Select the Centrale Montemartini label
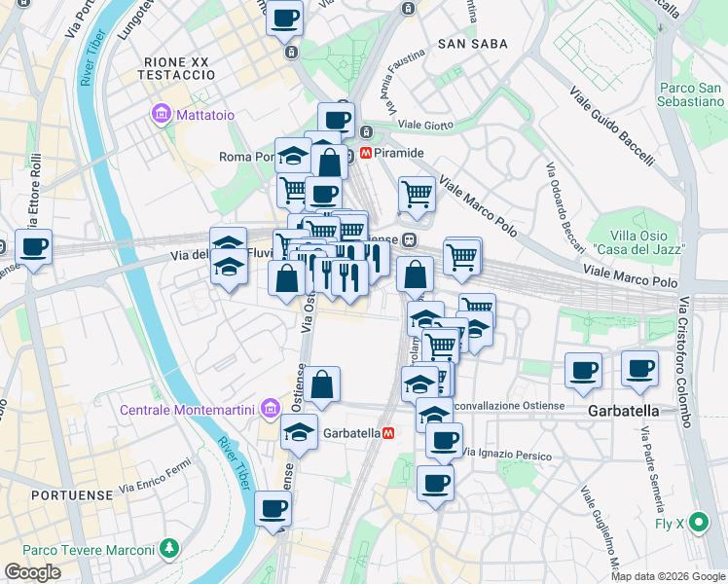pyautogui.click(x=187, y=409)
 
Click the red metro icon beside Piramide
pyautogui.click(x=366, y=153)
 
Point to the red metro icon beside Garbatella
pyautogui.click(x=388, y=432)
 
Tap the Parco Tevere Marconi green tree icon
pyautogui.click(x=170, y=549)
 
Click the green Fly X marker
pyautogui.click(x=698, y=524)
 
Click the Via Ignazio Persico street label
pyautogui.click(x=507, y=455)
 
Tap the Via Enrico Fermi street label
pyautogui.click(x=154, y=480)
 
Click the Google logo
pyautogui.click(x=32, y=572)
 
